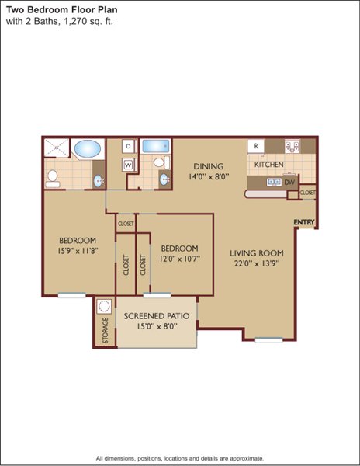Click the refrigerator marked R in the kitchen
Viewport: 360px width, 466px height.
pyautogui.click(x=256, y=146)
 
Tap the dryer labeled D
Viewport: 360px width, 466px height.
pyautogui.click(x=129, y=146)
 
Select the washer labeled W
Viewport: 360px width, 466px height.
pyautogui.click(x=129, y=165)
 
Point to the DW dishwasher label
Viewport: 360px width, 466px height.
pyautogui.click(x=289, y=183)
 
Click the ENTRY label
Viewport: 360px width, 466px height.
pyautogui.click(x=304, y=222)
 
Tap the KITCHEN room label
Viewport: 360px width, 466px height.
pyautogui.click(x=269, y=165)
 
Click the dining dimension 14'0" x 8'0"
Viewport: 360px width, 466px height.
pyautogui.click(x=209, y=176)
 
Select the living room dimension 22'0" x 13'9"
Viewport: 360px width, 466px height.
pyautogui.click(x=257, y=263)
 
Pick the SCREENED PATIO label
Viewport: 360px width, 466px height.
pyautogui.click(x=157, y=316)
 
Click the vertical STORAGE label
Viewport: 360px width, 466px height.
pyautogui.click(x=106, y=331)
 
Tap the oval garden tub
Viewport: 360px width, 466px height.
pyautogui.click(x=87, y=148)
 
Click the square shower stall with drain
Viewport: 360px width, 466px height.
pyautogui.click(x=57, y=147)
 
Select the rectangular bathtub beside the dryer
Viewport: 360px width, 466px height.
pyautogui.click(x=156, y=146)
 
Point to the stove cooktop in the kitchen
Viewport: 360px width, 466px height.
pyautogui.click(x=292, y=146)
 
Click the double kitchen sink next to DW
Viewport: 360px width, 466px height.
pyautogui.click(x=274, y=183)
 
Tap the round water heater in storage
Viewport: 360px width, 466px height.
pyautogui.click(x=104, y=306)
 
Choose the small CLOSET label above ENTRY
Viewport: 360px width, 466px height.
pyautogui.click(x=307, y=193)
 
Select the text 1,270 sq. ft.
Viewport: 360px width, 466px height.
pyautogui.click(x=87, y=22)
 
